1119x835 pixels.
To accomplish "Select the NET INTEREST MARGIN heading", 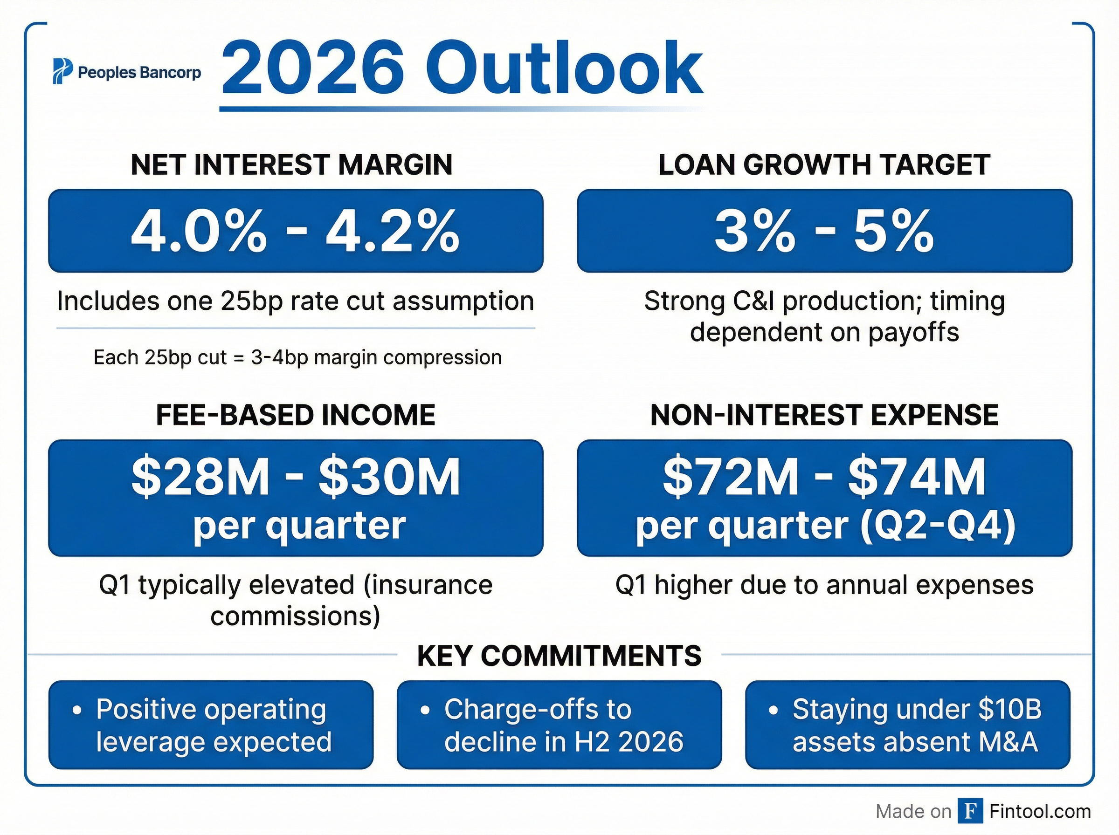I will coord(292,165).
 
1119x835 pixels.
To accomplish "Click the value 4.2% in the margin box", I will coord(393,232).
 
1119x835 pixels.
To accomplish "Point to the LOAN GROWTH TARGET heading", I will coord(824,165).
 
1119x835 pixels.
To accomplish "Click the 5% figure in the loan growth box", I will coord(893,232).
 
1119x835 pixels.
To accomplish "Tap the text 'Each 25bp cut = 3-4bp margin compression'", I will coord(297,357).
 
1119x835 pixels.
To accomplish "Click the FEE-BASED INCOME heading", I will coord(295,415).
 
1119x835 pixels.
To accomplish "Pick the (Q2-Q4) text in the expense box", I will coord(938,526).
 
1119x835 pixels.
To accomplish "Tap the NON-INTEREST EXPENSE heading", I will coord(824,415).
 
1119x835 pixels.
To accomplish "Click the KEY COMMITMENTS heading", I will coord(559,656).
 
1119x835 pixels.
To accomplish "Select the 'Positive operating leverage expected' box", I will coord(211,725).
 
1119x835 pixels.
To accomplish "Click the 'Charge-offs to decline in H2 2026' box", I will coord(559,725).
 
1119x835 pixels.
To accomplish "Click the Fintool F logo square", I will coord(970,811).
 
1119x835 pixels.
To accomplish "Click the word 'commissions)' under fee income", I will coord(295,616).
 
